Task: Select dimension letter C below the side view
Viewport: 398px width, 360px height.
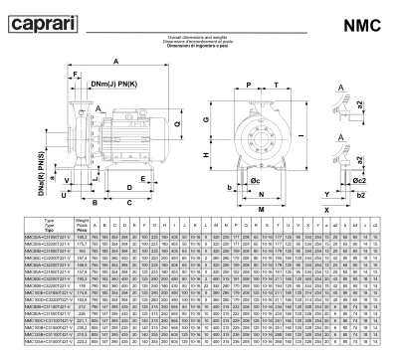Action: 130,203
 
